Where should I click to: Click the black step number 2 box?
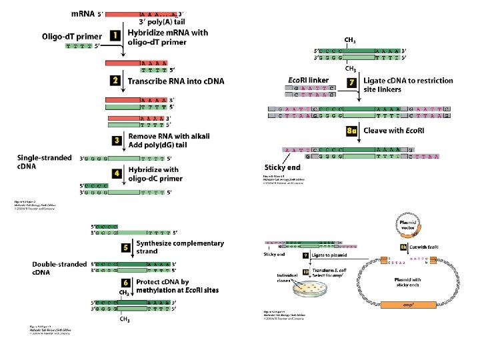[x=116, y=81]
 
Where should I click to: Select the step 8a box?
[x=353, y=131]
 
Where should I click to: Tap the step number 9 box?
[x=305, y=255]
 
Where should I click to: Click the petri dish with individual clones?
[x=301, y=287]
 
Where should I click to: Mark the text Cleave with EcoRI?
[x=393, y=131]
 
